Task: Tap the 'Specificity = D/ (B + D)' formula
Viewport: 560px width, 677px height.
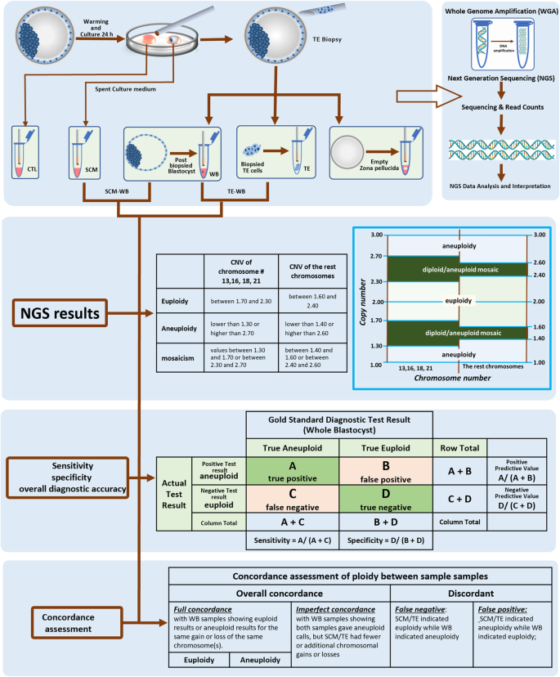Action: (x=385, y=540)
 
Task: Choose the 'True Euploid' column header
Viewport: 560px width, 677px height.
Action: (x=385, y=447)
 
